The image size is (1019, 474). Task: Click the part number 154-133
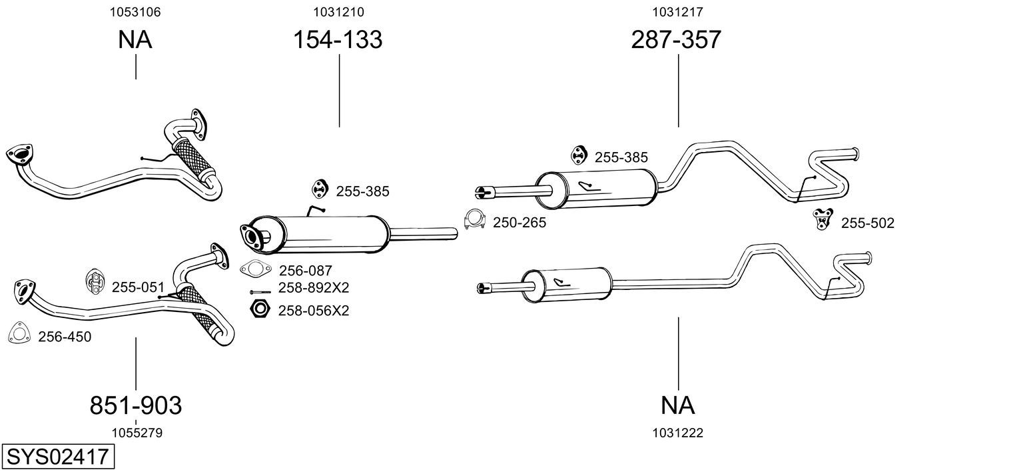pos(338,40)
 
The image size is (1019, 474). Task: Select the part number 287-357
pos(676,40)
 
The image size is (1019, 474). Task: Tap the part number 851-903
pos(136,405)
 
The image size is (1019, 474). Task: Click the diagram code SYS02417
pos(57,457)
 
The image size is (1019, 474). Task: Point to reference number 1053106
pos(135,12)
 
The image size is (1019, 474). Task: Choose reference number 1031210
pos(338,12)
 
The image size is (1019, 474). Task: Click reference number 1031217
pos(678,12)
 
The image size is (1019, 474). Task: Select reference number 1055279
pos(137,433)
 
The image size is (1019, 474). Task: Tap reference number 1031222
pos(678,433)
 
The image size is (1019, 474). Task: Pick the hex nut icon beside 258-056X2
pos(258,309)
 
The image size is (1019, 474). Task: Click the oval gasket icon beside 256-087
pos(256,269)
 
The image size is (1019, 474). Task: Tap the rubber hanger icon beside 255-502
pos(823,219)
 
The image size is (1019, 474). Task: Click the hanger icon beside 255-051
pos(94,283)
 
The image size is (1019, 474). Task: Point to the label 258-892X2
pos(313,288)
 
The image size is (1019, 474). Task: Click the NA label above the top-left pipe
pos(135,40)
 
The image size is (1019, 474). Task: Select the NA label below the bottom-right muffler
pos(678,405)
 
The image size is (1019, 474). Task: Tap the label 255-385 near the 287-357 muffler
pos(621,157)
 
